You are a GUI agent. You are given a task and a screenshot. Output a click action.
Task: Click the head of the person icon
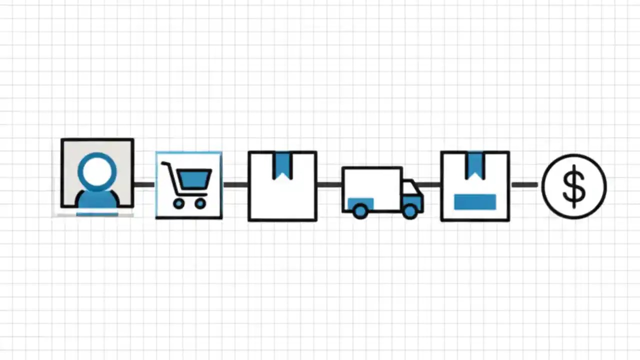(x=97, y=171)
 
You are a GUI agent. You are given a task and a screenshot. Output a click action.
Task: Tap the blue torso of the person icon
(x=97, y=199)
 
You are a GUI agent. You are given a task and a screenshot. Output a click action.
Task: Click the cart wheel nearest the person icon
(x=178, y=203)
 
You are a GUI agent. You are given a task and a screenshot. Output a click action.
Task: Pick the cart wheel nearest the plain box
(x=200, y=203)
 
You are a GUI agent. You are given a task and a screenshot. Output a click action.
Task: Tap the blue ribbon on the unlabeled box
(x=282, y=164)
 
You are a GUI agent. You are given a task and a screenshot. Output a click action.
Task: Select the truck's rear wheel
(x=359, y=211)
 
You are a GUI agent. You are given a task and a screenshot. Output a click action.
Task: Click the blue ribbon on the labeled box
(x=475, y=164)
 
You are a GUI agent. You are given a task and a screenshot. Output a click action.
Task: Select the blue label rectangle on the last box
(x=475, y=202)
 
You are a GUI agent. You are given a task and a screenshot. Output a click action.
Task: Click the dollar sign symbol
(x=574, y=186)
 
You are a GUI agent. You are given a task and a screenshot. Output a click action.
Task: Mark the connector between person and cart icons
(x=144, y=185)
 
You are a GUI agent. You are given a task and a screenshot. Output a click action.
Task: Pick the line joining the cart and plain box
(x=235, y=185)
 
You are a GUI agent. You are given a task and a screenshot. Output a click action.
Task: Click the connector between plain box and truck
(x=329, y=185)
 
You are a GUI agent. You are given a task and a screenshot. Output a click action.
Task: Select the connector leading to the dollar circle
(x=524, y=185)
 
